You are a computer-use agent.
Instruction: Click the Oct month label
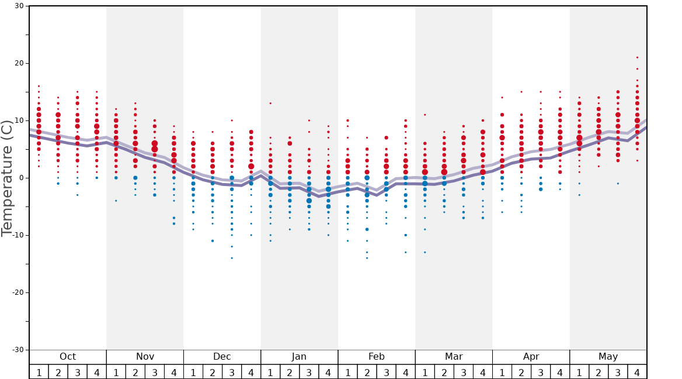coord(68,357)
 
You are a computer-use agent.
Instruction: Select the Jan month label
coord(299,357)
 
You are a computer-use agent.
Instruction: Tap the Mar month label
coord(454,357)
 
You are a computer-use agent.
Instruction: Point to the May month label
coord(608,357)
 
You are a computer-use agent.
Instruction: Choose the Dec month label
coord(222,357)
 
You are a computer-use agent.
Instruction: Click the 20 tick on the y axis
coord(19,63)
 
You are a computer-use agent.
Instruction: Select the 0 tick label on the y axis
coord(22,178)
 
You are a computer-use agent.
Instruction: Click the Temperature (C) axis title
coord(7,178)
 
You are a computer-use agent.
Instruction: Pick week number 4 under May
coord(637,372)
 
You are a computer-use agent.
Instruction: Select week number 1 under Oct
coord(39,372)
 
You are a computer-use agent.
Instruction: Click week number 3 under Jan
coord(309,372)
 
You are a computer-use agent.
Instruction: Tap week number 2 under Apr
coord(521,372)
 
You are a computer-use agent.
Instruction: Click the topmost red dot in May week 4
coord(637,57)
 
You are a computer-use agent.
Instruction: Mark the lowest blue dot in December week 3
coord(232,258)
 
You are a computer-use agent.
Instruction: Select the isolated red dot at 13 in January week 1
coord(270,104)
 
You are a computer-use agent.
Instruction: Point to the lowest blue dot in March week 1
coord(425,252)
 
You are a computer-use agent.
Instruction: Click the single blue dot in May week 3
coord(618,184)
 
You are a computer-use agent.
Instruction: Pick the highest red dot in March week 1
coord(425,115)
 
